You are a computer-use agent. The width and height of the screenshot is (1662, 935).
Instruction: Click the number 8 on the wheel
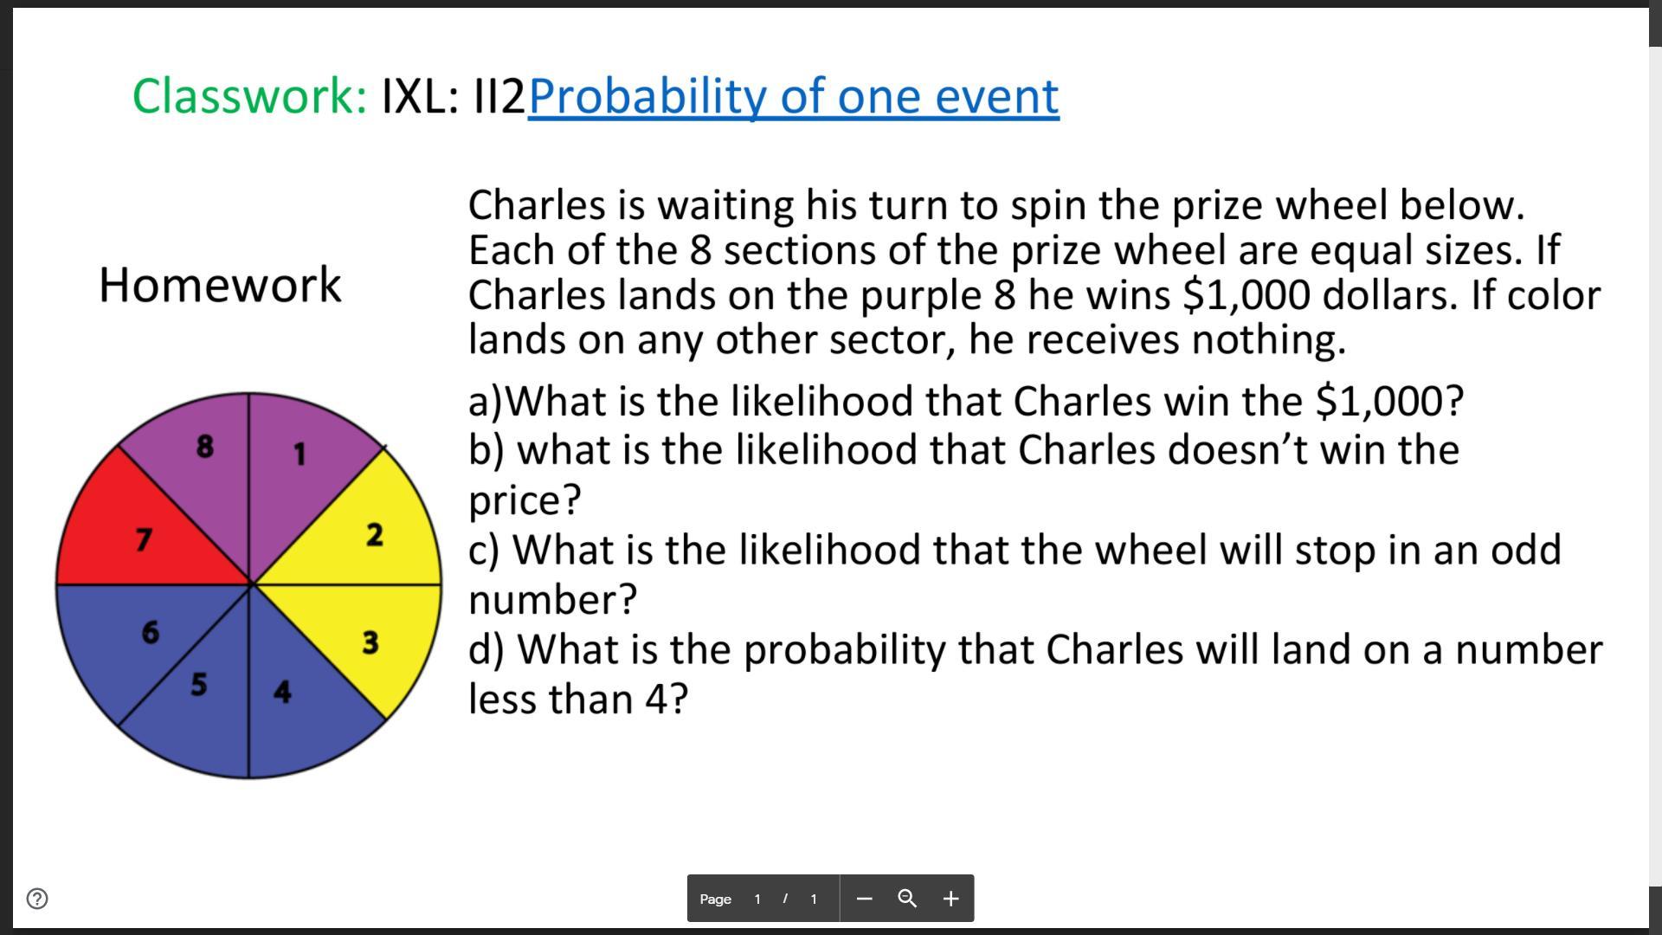(204, 446)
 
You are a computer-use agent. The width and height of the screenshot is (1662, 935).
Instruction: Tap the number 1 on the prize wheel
(300, 454)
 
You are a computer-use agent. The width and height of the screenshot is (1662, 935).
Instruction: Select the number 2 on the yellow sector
(374, 534)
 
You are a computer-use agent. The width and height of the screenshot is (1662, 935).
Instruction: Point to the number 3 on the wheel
(370, 642)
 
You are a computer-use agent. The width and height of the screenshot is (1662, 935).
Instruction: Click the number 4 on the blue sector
(282, 691)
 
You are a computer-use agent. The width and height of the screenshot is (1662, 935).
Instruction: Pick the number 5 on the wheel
(198, 684)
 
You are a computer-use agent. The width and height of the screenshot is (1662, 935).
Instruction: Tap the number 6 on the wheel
(150, 632)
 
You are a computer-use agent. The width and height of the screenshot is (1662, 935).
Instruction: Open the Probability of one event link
(794, 95)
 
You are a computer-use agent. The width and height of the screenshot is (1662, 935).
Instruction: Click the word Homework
(221, 284)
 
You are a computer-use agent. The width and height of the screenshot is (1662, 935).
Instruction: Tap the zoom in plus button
(950, 899)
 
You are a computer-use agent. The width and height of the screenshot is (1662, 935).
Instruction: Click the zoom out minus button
(864, 899)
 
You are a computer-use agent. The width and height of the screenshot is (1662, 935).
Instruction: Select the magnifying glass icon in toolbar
(907, 899)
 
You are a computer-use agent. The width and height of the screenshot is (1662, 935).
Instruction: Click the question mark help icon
(37, 899)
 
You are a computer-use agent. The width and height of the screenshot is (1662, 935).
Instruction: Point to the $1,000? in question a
(1389, 401)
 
